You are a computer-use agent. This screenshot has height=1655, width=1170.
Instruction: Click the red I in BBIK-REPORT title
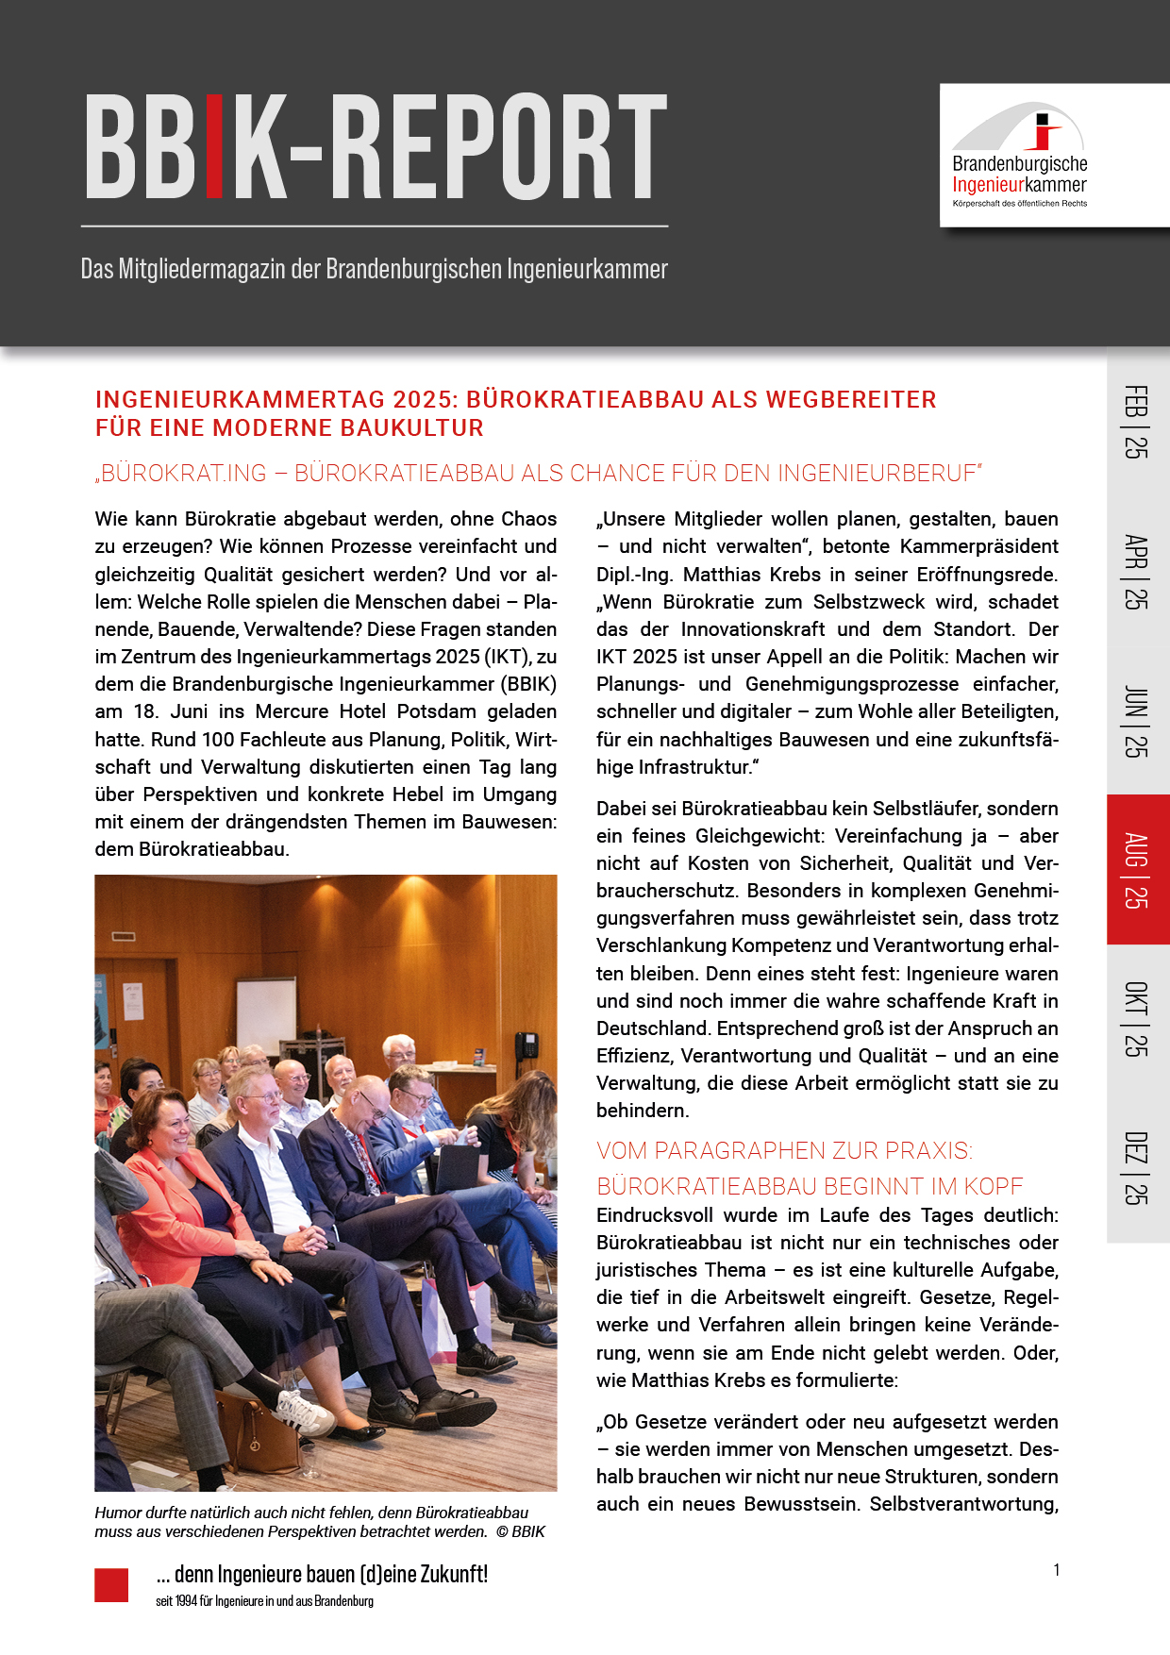tap(214, 146)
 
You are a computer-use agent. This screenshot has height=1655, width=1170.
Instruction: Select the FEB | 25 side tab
tap(1137, 422)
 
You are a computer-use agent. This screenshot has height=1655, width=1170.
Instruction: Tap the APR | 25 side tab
tap(1137, 571)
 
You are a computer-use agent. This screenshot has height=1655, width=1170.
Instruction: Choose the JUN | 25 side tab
tap(1137, 721)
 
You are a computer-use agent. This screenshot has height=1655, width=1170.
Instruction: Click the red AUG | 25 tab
tap(1137, 870)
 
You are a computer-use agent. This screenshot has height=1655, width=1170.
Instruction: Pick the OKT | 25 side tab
tap(1137, 1018)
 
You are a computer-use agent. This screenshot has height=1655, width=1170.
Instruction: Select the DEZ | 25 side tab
tap(1137, 1167)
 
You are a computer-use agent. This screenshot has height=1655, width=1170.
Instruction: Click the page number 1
tap(1057, 1570)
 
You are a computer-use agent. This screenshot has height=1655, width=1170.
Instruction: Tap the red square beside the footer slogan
tap(111, 1585)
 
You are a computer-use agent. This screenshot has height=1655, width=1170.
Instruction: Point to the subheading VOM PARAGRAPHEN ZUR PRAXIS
tap(784, 1151)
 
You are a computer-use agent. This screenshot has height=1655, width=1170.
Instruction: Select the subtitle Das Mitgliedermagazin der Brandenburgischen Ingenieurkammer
tap(375, 270)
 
